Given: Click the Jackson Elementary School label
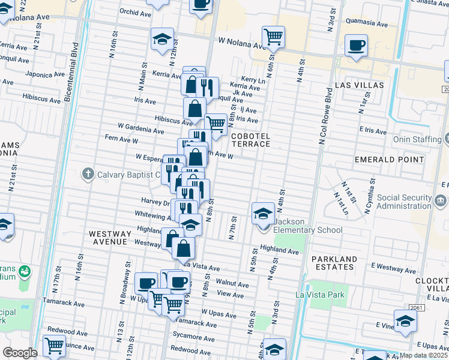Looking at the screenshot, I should pos(308,226).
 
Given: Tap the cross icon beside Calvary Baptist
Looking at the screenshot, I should pos(88,175).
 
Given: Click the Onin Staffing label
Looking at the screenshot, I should pos(417,139).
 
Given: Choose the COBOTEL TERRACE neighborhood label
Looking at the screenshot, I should pos(251,140).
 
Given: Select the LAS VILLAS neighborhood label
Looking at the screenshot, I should pos(359,85).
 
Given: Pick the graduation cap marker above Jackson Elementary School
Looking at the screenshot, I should pos(262,212).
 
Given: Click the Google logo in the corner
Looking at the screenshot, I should pos(20,353).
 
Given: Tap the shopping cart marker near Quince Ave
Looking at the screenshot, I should pos(54,346).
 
